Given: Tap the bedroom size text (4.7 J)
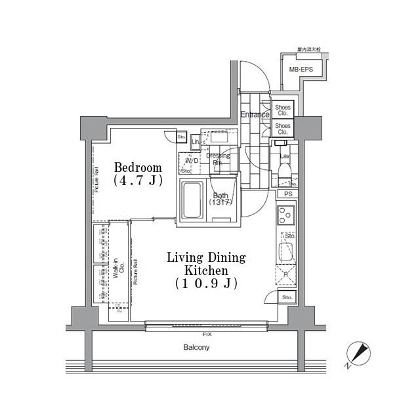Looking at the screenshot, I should coord(138,180).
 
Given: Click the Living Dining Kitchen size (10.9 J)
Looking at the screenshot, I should coord(205,283).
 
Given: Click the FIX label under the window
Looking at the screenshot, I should coord(207,334).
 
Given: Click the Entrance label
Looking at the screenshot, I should coord(254,115).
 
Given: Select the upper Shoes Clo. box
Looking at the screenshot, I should coord(283,109).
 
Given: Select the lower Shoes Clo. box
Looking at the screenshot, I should coord(283,127).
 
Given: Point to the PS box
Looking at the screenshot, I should coord(288,194).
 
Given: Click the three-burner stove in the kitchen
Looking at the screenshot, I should coord(286,215).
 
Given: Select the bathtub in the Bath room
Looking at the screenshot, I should coord(192,201).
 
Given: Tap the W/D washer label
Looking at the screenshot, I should coord(192,160).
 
